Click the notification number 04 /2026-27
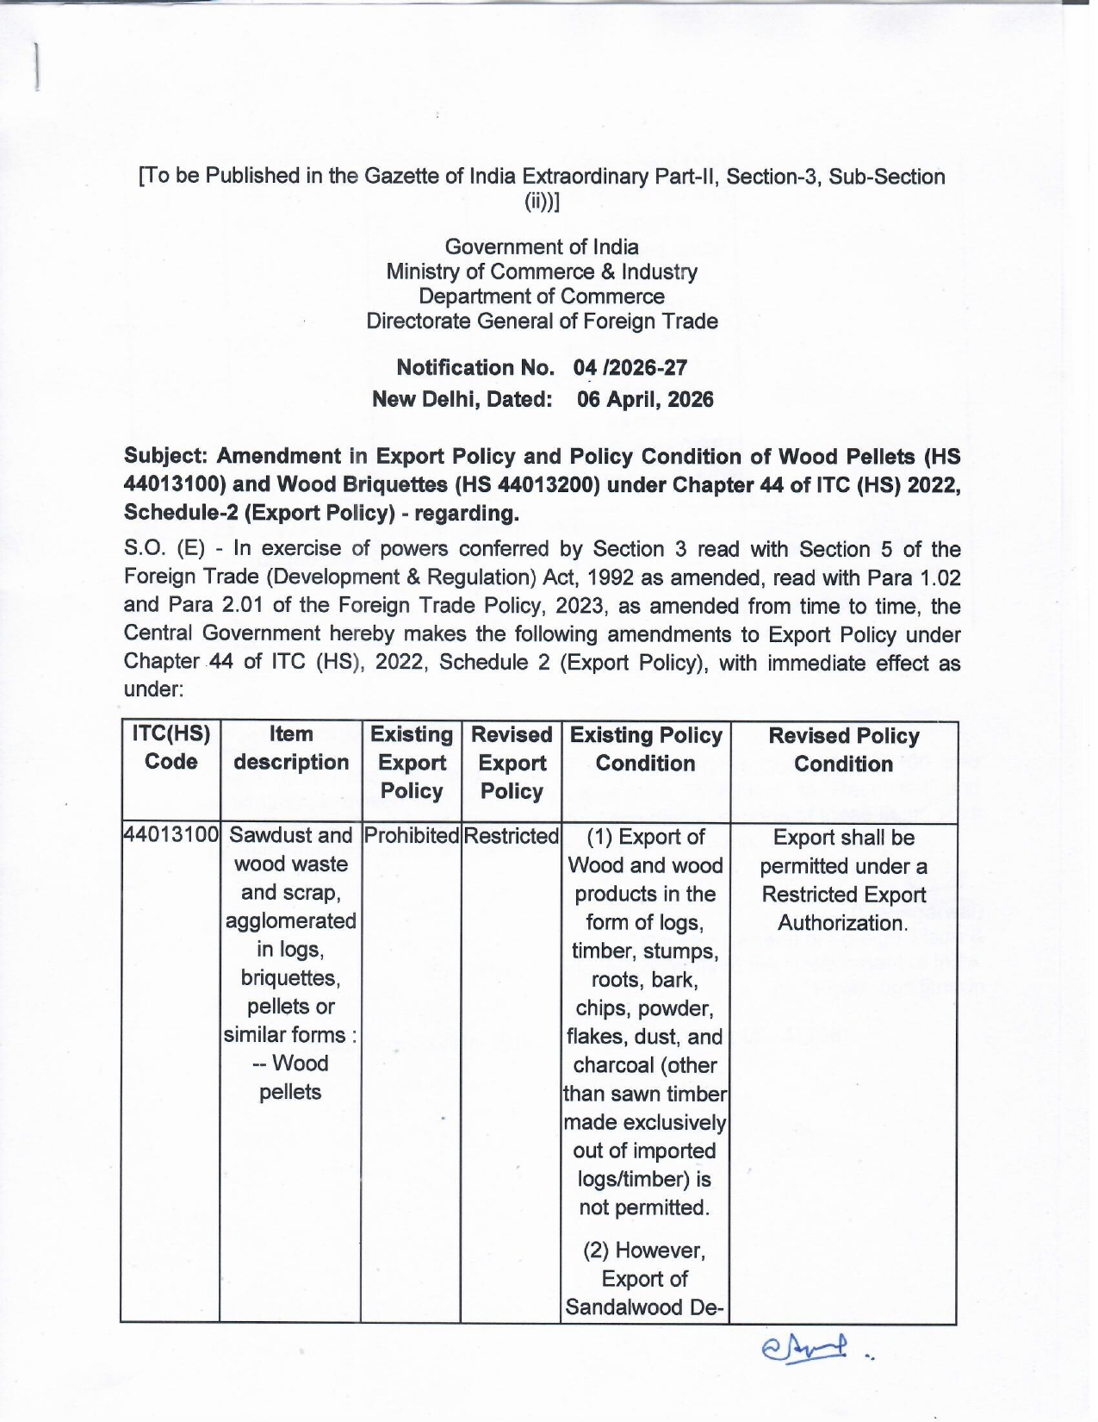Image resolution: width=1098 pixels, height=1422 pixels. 630,368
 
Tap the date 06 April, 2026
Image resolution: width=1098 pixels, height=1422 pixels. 645,400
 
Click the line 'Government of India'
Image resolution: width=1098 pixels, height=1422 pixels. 542,247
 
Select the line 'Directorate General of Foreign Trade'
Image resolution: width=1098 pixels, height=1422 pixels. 542,321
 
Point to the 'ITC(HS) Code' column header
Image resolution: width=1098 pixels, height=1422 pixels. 171,748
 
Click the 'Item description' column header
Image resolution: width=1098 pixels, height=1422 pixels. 291,748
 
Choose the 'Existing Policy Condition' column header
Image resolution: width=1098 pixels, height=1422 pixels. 646,749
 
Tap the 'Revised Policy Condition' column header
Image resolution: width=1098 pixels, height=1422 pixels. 844,750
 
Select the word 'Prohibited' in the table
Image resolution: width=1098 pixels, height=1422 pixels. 412,836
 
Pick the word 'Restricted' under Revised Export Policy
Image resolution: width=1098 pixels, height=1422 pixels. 512,836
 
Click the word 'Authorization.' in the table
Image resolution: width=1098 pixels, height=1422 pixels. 842,923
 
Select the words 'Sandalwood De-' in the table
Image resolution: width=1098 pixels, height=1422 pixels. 645,1307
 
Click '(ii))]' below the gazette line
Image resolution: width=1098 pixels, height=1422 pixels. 542,203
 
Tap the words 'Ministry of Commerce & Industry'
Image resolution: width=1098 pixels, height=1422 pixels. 542,272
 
